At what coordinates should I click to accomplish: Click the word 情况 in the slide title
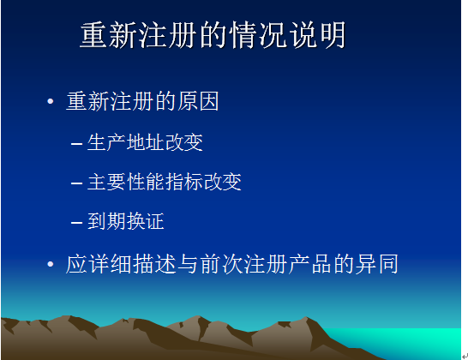(258, 35)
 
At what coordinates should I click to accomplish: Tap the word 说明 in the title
(317, 35)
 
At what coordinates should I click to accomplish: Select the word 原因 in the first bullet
(198, 101)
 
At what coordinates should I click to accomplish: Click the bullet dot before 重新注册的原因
(50, 101)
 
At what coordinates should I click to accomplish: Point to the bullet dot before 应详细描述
(50, 264)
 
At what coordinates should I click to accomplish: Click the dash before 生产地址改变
(76, 144)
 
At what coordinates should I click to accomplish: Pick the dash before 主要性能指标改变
(76, 183)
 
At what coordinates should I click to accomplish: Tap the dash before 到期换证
(76, 222)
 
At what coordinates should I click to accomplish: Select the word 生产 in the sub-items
(106, 142)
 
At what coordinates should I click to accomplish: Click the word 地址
(145, 142)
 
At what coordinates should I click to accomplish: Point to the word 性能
(145, 182)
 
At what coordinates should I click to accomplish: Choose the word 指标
(183, 182)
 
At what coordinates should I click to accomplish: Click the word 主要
(106, 182)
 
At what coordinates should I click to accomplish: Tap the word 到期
(106, 221)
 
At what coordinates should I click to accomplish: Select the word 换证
(145, 221)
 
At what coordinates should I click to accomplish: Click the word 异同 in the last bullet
(376, 264)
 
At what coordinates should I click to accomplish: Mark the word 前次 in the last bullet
(221, 264)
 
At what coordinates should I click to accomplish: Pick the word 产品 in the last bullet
(310, 264)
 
